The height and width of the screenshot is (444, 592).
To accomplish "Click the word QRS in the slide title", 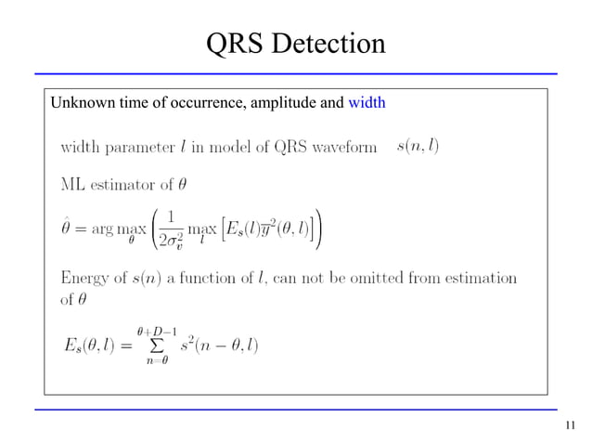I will click(235, 43).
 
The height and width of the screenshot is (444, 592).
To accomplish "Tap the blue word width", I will click(367, 102).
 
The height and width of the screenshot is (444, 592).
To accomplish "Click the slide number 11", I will click(570, 426).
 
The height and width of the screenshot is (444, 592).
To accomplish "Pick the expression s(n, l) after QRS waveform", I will click(418, 146).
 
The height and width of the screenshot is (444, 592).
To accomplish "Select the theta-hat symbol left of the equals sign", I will click(67, 226).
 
